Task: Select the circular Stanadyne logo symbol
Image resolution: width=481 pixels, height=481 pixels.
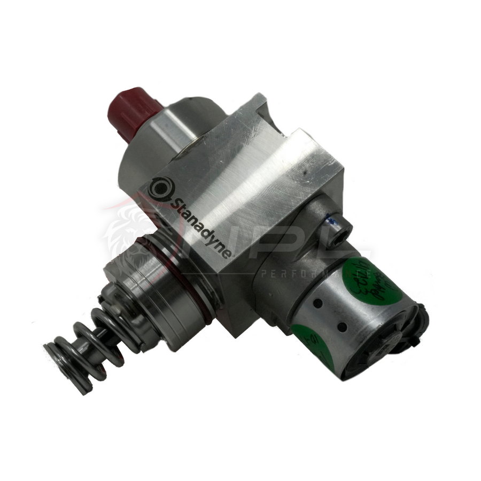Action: pyautogui.click(x=160, y=188)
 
